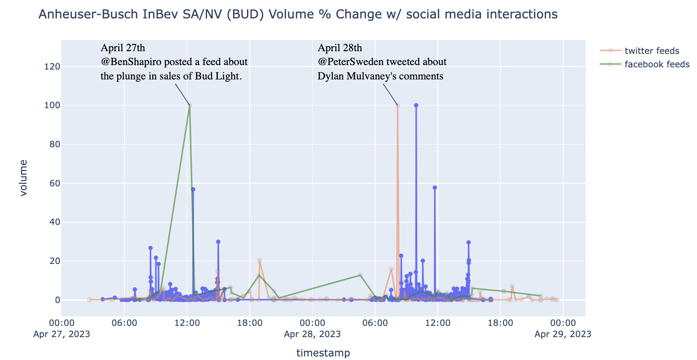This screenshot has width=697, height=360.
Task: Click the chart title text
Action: click(298, 15)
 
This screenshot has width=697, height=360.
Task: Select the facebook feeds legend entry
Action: click(657, 64)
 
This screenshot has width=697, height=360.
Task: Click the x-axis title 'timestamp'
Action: click(323, 353)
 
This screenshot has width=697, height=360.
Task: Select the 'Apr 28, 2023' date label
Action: click(312, 334)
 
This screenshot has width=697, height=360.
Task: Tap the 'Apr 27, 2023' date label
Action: click(61, 334)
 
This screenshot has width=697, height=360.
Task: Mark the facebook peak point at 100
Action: click(190, 105)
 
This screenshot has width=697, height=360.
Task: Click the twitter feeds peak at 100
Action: click(397, 105)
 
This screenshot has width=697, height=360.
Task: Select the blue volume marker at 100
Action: click(416, 105)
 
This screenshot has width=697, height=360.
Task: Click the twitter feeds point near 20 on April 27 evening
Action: click(260, 260)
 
